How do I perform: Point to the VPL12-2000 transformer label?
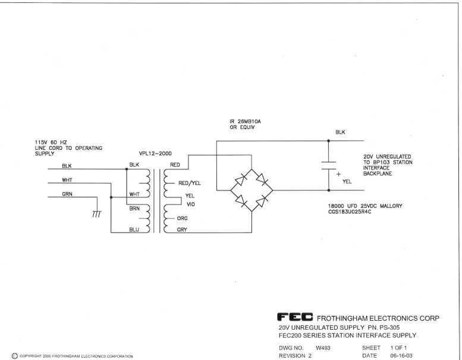(x=155, y=154)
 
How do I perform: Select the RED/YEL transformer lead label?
(x=190, y=183)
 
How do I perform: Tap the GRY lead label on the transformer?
(x=182, y=230)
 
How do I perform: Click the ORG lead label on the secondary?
(x=182, y=218)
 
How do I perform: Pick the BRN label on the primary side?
(x=134, y=208)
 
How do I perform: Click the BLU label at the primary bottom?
(x=134, y=230)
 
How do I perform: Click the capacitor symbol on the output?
(x=328, y=165)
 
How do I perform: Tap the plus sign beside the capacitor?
(x=338, y=174)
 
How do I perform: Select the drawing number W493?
(x=323, y=347)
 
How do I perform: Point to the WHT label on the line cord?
(x=67, y=180)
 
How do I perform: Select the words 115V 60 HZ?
(x=51, y=142)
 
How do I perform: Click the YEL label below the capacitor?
(x=347, y=181)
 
